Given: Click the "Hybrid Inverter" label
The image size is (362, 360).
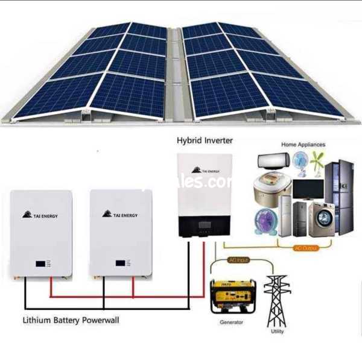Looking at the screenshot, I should click(x=205, y=141).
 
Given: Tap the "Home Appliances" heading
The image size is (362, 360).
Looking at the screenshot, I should click(x=303, y=145).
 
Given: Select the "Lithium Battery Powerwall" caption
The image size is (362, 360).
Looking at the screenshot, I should click(x=71, y=320).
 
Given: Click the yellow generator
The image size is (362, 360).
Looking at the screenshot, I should click(x=232, y=295).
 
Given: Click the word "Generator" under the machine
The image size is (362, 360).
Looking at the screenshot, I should click(x=232, y=323).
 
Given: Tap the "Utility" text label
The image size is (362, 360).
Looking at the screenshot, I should click(x=277, y=332).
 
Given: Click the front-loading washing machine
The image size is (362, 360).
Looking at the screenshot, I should click(x=321, y=219).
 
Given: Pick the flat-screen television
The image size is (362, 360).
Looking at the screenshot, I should click(x=308, y=189).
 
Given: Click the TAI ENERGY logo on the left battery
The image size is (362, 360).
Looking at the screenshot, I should click(x=40, y=215).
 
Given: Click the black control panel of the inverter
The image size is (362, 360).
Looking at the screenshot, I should click(x=205, y=227).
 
